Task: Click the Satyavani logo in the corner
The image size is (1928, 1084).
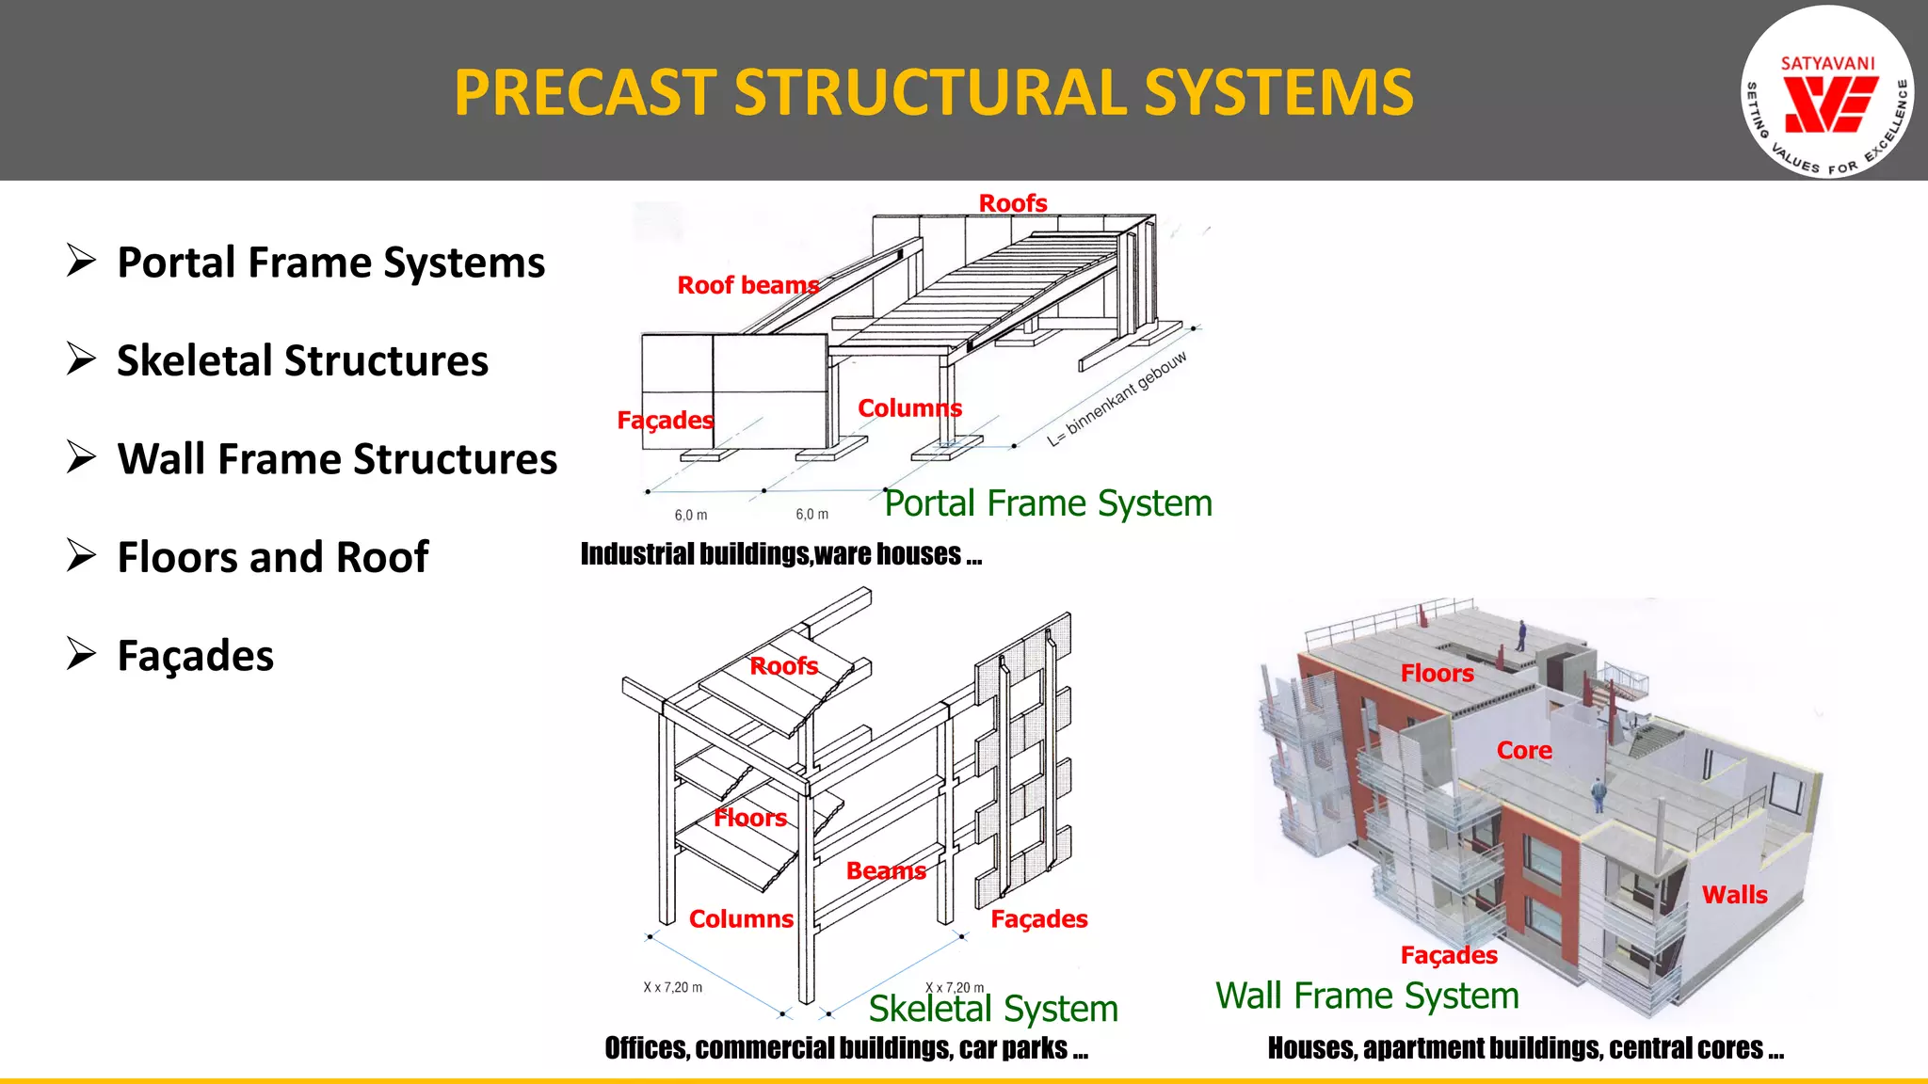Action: point(1826,92)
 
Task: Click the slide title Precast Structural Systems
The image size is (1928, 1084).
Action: point(933,92)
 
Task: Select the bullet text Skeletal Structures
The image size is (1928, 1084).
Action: point(302,361)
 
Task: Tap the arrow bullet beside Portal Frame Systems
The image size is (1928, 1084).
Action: point(82,261)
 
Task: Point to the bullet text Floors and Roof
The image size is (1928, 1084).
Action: point(273,557)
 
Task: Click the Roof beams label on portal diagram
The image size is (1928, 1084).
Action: point(747,285)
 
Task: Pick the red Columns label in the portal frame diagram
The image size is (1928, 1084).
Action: point(909,408)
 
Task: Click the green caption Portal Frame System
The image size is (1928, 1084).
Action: point(1048,503)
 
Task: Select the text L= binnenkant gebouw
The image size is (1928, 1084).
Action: point(1117,399)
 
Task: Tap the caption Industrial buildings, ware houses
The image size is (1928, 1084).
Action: point(780,554)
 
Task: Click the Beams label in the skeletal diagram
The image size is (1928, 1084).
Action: point(885,871)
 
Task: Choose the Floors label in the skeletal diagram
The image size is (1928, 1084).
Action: point(749,818)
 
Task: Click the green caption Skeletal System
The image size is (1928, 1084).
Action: point(992,1009)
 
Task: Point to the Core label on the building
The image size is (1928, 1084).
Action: point(1524,751)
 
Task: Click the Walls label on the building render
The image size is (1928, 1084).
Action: point(1734,895)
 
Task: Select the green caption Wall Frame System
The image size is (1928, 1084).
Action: point(1367,996)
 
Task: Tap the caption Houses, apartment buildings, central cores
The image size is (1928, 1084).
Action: point(1525,1048)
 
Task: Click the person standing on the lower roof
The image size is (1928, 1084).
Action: point(1598,796)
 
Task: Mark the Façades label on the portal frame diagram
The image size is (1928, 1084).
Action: point(665,420)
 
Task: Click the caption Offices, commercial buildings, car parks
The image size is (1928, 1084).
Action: point(845,1048)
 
